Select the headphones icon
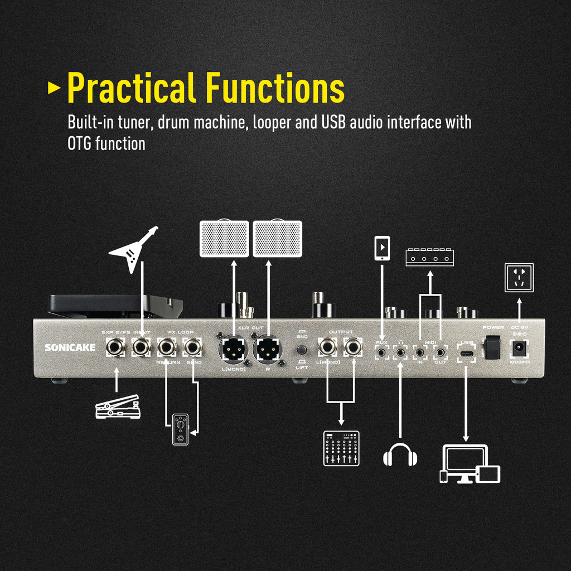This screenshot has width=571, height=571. pyautogui.click(x=400, y=455)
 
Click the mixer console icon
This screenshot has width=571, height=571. pyautogui.click(x=341, y=448)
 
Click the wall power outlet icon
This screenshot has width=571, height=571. pyautogui.click(x=519, y=277)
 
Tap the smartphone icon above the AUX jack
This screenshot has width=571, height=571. pyautogui.click(x=382, y=248)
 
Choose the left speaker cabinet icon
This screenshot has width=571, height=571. pyautogui.click(x=224, y=239)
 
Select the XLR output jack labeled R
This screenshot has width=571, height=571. pyautogui.click(x=268, y=349)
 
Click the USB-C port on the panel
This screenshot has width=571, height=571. pyautogui.click(x=466, y=352)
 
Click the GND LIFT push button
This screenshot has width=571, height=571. pyautogui.click(x=302, y=350)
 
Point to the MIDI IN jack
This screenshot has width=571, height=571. pyautogui.click(x=420, y=352)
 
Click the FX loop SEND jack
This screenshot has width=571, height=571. pyautogui.click(x=193, y=347)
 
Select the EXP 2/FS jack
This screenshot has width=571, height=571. pyautogui.click(x=116, y=348)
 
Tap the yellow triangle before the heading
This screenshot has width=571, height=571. pyautogui.click(x=54, y=88)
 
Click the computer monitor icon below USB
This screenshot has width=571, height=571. pyautogui.click(x=464, y=461)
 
